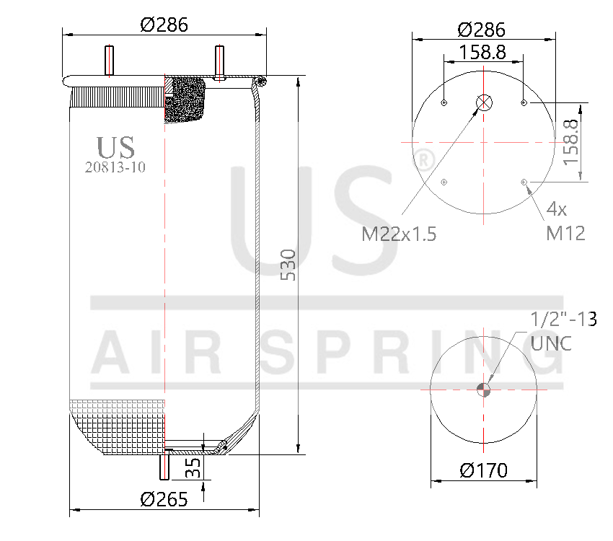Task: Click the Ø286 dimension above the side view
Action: point(164,25)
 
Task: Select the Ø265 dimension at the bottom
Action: point(164,498)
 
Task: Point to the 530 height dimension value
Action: point(287,265)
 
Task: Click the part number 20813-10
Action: point(115,167)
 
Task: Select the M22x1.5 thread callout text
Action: point(400,234)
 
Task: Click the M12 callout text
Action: point(565,233)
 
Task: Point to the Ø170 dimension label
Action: point(483,471)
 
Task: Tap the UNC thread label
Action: point(552,343)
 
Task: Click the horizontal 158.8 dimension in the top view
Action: point(482,52)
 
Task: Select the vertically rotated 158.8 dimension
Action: point(571,141)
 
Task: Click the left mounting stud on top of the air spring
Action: point(110,61)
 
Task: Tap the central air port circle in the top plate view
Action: point(484,103)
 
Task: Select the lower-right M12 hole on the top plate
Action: point(524,181)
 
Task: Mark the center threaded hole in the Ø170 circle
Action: point(484,390)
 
